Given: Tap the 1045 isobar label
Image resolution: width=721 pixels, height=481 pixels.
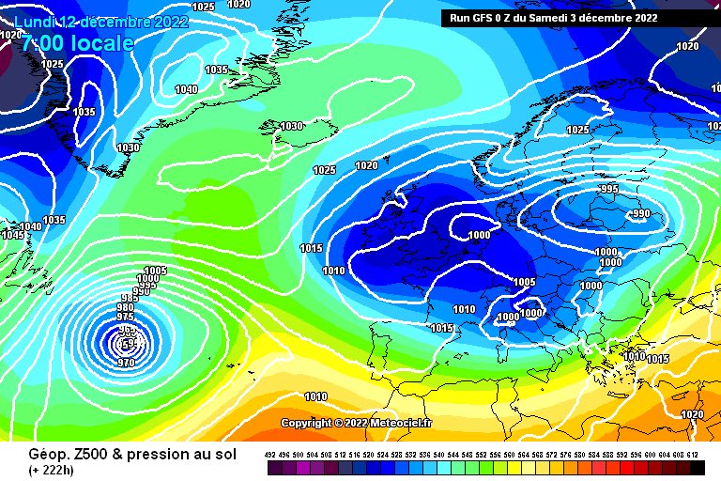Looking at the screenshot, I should (x=13, y=235).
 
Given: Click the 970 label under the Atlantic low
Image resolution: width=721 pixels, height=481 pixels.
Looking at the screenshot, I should (x=128, y=363).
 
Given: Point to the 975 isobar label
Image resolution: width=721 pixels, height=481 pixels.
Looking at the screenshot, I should (x=125, y=318).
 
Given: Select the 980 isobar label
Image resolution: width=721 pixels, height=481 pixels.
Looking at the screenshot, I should (x=125, y=308).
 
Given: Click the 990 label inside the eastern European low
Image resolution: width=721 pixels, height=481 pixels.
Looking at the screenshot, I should (x=640, y=213).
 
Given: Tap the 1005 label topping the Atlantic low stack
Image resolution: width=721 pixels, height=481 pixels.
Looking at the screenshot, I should (x=155, y=271).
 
